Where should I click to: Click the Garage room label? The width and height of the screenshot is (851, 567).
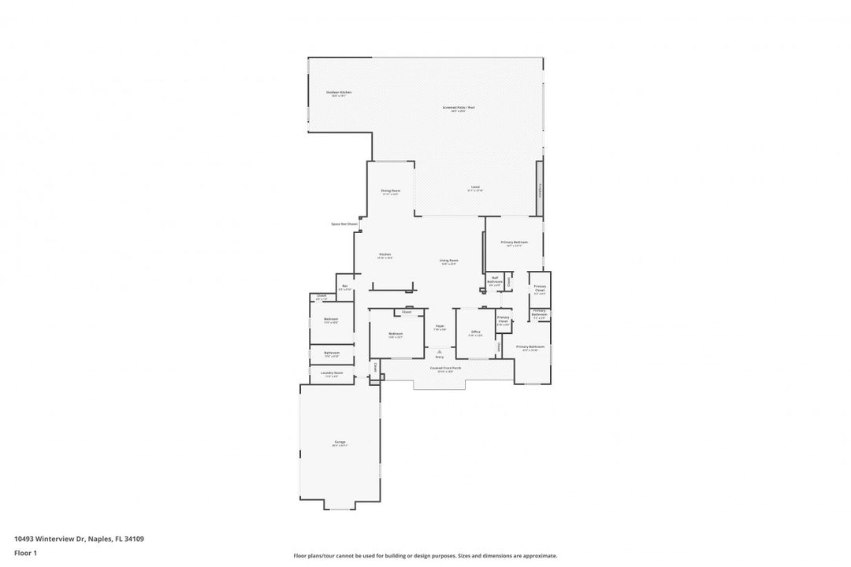tap(340, 443)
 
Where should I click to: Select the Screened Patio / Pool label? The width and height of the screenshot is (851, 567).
tap(458, 109)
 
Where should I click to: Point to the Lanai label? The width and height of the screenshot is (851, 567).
tap(475, 188)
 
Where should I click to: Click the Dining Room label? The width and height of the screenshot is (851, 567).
tap(391, 191)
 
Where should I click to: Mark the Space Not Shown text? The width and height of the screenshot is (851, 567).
tap(344, 224)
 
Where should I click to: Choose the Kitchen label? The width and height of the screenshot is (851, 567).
tap(385, 255)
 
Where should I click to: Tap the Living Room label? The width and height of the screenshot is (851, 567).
tap(449, 261)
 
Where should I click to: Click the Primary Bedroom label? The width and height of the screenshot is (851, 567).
tap(514, 243)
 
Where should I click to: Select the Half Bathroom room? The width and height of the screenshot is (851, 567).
tap(495, 280)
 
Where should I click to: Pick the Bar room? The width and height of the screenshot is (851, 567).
tap(345, 287)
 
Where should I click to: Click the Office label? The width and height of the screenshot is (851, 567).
tap(476, 333)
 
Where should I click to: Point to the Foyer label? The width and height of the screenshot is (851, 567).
tap(440, 328)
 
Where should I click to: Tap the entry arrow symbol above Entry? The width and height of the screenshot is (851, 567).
tap(440, 350)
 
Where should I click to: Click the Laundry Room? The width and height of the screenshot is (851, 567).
tap(333, 374)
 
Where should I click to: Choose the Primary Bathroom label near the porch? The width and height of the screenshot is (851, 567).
tap(530, 348)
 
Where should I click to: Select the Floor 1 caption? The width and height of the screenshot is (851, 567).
tap(25, 553)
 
